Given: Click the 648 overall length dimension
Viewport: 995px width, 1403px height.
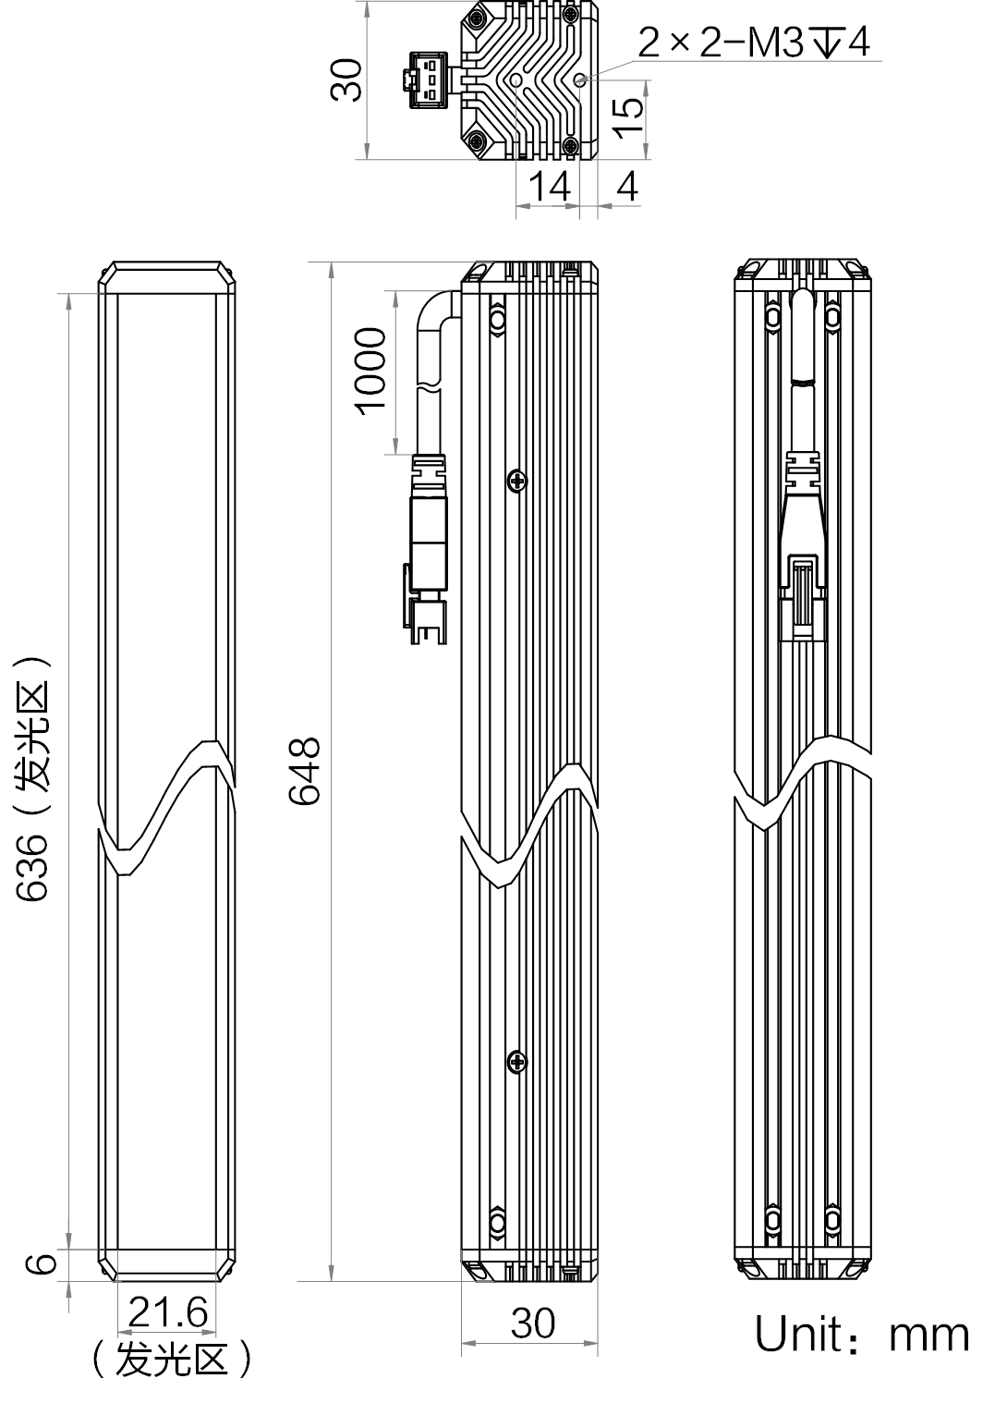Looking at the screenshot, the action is click(305, 771).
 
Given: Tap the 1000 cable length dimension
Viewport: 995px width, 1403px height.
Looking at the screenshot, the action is click(370, 371).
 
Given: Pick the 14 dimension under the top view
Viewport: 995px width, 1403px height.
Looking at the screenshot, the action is click(550, 186).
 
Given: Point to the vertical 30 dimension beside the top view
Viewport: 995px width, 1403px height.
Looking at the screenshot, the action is click(346, 80).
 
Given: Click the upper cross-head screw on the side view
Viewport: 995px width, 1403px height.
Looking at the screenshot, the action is click(516, 481).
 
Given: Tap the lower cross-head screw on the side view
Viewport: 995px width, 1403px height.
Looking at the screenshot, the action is click(516, 1062).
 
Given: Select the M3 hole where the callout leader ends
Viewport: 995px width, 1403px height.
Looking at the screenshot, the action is click(580, 79).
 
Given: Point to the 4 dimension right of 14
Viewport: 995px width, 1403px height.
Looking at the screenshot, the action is click(626, 186).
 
